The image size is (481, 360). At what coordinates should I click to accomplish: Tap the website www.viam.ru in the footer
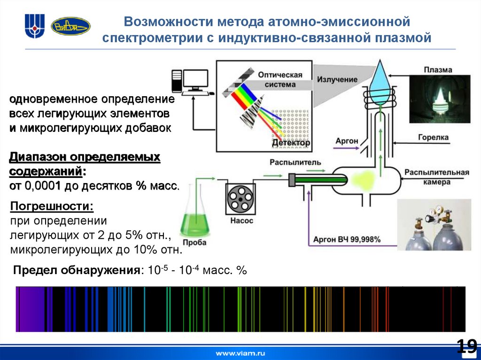[x=240, y=352]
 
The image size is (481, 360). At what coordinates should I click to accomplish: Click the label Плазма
[x=437, y=70]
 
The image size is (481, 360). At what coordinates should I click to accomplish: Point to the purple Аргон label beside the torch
[x=347, y=141]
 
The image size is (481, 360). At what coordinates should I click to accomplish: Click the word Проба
[x=194, y=242]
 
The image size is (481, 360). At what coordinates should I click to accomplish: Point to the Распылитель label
[x=295, y=162]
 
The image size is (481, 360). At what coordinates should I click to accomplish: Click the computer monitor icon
[x=195, y=81]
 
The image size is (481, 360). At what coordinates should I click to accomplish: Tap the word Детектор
[x=291, y=142]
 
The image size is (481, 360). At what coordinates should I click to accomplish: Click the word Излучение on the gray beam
[x=336, y=79]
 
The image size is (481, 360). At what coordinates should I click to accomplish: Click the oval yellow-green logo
[x=70, y=26]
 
